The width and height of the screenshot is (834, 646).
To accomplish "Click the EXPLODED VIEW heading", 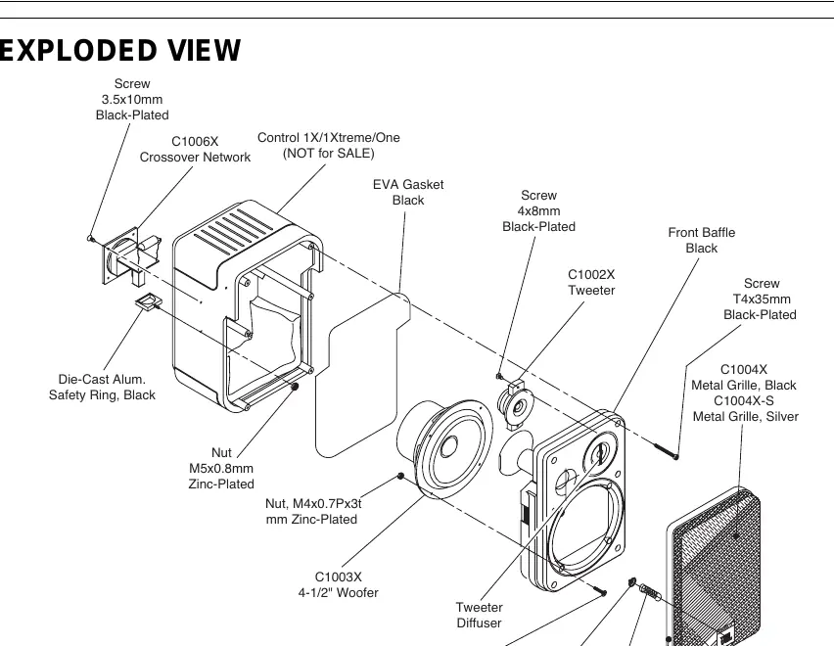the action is tap(120, 51).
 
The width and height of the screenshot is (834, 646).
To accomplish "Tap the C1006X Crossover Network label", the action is tap(195, 150).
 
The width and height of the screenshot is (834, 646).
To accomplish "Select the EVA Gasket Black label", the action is tap(408, 192).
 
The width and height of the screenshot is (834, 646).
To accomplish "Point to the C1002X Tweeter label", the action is tap(591, 282).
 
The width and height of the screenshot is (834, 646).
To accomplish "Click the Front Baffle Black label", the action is tap(702, 241).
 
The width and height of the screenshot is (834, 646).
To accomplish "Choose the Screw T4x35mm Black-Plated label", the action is tap(760, 299).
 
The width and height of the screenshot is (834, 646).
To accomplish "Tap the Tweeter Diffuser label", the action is tap(480, 615).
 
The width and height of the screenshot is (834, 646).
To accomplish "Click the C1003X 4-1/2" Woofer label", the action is tap(339, 585).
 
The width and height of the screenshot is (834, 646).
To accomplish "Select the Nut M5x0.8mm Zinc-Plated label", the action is tap(221, 469).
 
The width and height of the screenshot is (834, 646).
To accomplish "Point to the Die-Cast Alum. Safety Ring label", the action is tap(102, 387).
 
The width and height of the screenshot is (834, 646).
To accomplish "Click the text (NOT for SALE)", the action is tap(329, 154).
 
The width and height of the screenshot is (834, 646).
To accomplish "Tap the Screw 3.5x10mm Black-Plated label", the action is tap(132, 100).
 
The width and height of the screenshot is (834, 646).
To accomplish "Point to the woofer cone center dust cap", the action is tap(448, 446).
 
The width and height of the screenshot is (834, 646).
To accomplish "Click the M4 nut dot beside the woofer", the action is tap(401, 476).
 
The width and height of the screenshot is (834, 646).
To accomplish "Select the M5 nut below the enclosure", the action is tap(296, 387).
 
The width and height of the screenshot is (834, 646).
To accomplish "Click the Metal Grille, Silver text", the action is tap(745, 417).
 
